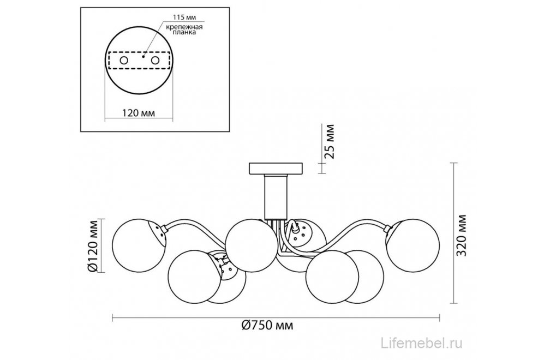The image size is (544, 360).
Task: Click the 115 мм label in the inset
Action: point(184,17)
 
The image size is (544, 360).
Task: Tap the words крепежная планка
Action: point(184,29)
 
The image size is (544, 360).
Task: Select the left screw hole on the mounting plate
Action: point(124,61)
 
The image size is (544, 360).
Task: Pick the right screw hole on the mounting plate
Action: point(155,61)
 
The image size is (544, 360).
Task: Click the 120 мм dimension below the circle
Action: point(139,113)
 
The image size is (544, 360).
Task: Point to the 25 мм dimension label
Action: point(330,141)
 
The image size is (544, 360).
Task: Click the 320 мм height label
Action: point(461,235)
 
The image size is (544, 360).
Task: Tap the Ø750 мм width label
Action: point(267,325)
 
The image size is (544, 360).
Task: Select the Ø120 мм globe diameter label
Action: point(93,245)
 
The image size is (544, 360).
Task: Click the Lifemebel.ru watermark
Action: point(422,343)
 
